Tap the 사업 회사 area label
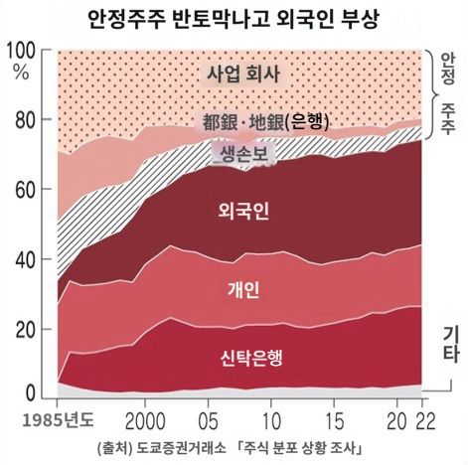coord(243,74)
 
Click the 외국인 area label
coord(242,211)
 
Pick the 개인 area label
coord(242,290)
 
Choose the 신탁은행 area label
coord(242,359)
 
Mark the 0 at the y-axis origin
coord(32,391)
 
